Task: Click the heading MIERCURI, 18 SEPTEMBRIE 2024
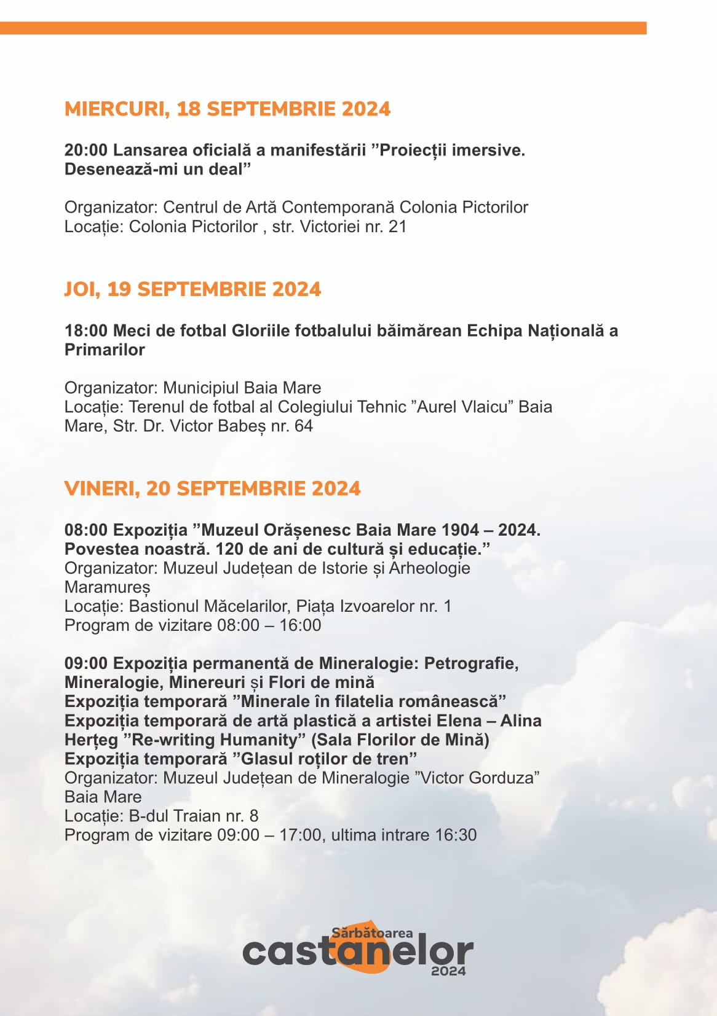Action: (x=228, y=109)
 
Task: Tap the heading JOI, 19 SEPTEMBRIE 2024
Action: (x=192, y=289)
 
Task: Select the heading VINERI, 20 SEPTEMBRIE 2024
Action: (x=212, y=488)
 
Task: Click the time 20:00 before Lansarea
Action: (x=86, y=150)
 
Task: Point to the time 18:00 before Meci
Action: (x=86, y=330)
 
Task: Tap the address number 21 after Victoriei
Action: (x=398, y=227)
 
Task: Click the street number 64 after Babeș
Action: (x=304, y=426)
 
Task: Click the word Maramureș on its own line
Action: (x=107, y=587)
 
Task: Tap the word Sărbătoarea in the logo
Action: (x=372, y=932)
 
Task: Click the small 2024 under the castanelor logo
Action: (x=448, y=971)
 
